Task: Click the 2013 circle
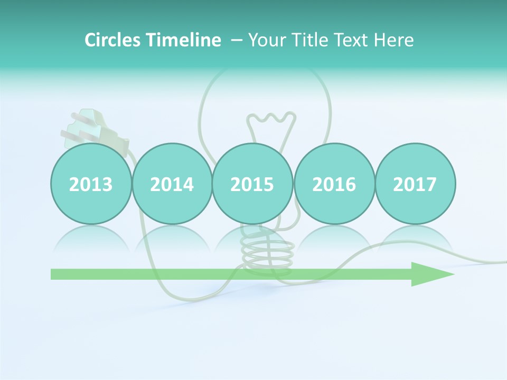(x=91, y=184)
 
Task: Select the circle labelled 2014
(x=172, y=184)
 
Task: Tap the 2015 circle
(x=252, y=184)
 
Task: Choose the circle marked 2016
(x=334, y=184)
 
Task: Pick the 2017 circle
(x=415, y=184)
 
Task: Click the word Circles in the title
(x=114, y=40)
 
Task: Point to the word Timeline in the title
(x=184, y=40)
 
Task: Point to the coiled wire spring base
(x=267, y=253)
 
